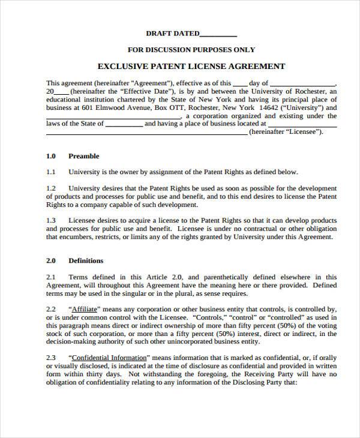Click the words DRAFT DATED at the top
click(x=171, y=34)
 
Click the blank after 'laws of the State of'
click(x=125, y=125)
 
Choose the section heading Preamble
click(x=84, y=156)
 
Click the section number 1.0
click(x=51, y=156)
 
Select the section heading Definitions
click(x=86, y=261)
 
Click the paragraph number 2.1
click(x=51, y=277)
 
